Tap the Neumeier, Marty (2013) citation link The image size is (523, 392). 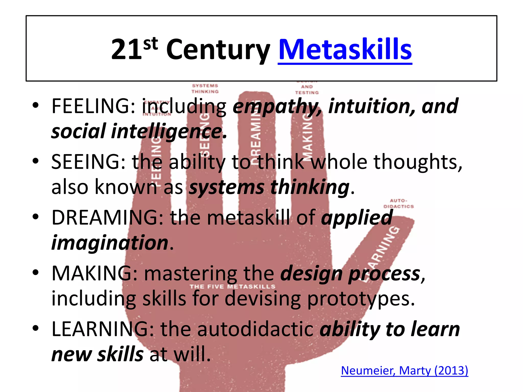click(x=405, y=370)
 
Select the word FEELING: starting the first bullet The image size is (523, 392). click(x=93, y=106)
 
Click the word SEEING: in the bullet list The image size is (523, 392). click(x=88, y=162)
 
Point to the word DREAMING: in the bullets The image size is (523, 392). click(x=107, y=217)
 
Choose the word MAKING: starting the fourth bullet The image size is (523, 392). click(x=94, y=273)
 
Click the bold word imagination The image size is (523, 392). click(x=110, y=243)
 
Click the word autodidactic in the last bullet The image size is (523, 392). click(x=255, y=329)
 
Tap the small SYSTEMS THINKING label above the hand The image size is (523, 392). click(x=205, y=89)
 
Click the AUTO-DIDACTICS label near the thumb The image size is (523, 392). click(x=398, y=204)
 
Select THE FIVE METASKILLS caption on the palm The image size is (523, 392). click(x=232, y=287)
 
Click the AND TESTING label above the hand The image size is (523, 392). click(x=307, y=90)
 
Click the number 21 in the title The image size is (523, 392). click(x=126, y=50)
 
